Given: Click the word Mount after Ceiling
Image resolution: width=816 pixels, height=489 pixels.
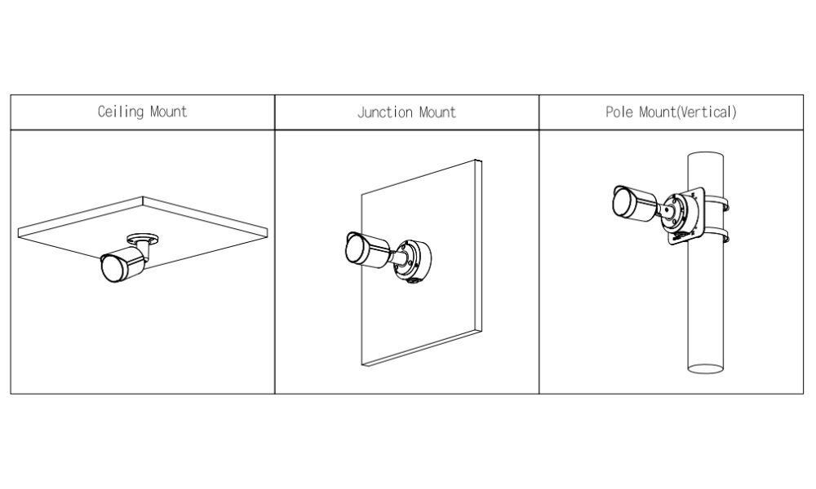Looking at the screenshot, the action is tap(169, 112).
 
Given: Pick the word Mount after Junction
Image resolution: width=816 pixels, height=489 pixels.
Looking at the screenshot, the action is tap(437, 112).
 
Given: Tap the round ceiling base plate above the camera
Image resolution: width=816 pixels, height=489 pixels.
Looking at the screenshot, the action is tap(143, 239).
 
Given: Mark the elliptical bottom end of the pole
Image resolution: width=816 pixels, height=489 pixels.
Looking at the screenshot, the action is tap(706, 369).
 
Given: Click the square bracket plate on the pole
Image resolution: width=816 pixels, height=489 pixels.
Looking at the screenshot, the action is tap(686, 216).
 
